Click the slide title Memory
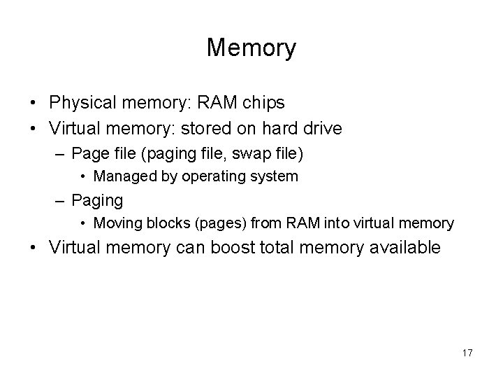251,48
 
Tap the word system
274,176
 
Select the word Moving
115,224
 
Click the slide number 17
467,353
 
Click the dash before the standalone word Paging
60,201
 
